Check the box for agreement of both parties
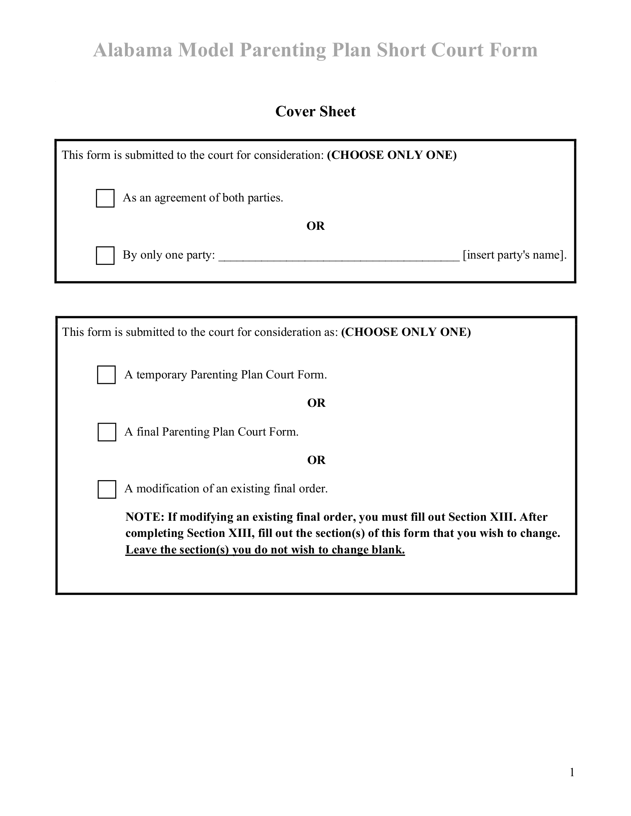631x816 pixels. tap(105, 198)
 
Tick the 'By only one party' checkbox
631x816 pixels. tap(105, 255)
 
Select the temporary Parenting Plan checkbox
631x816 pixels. tap(106, 374)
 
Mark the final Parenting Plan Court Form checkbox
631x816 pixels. tap(106, 432)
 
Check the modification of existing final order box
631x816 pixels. tap(106, 489)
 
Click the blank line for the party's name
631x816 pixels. tap(339, 256)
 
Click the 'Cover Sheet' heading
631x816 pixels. tap(315, 112)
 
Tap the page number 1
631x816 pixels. tap(572, 772)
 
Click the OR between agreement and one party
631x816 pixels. tap(315, 226)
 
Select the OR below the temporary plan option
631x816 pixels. tap(316, 403)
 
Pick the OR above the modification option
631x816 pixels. tap(316, 460)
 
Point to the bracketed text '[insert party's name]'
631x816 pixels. tap(514, 255)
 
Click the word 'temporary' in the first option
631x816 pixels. tap(161, 374)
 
